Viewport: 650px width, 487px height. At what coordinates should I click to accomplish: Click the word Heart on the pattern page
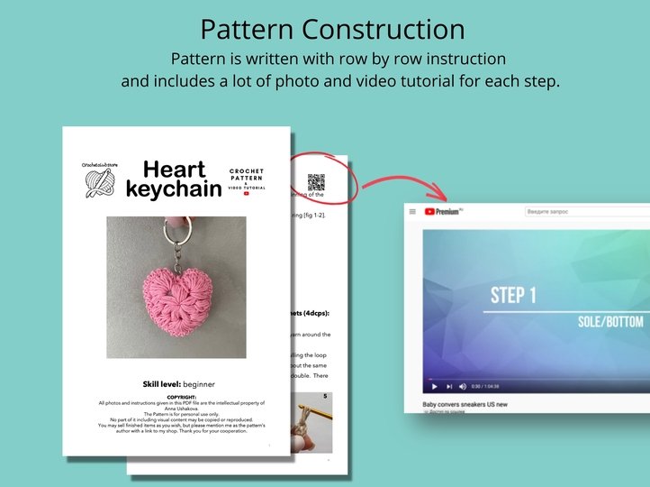[x=175, y=170]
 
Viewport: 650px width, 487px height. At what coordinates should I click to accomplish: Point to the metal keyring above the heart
[x=180, y=237]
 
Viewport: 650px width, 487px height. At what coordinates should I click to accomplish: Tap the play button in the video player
[x=433, y=386]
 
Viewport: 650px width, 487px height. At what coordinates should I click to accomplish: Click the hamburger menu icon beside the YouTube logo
[x=412, y=211]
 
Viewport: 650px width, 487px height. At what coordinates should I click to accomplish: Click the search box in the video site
[x=585, y=212]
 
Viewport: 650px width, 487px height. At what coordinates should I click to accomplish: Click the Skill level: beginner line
[x=177, y=384]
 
